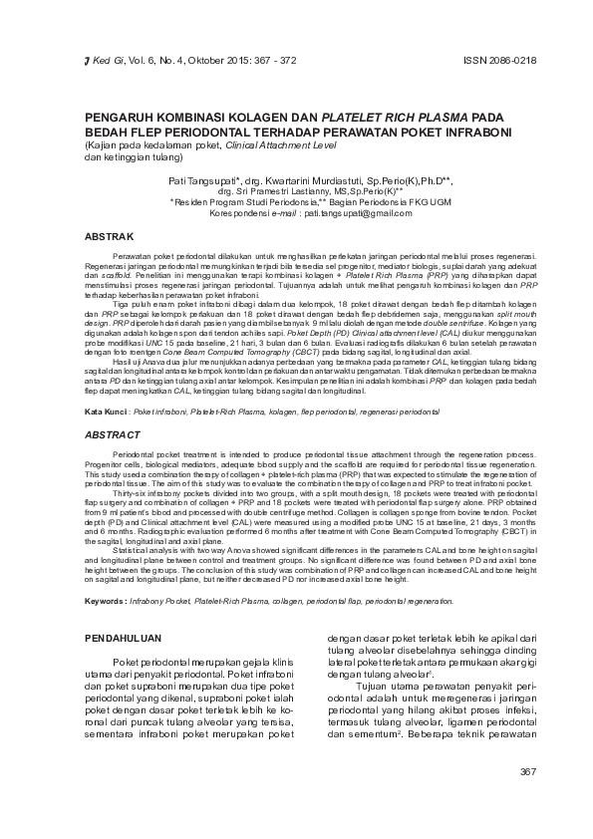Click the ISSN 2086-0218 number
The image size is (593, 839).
[x=500, y=60]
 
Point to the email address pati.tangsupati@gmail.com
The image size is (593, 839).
[x=358, y=213]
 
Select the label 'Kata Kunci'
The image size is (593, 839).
[x=106, y=412]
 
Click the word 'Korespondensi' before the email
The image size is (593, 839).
[x=251, y=213]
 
